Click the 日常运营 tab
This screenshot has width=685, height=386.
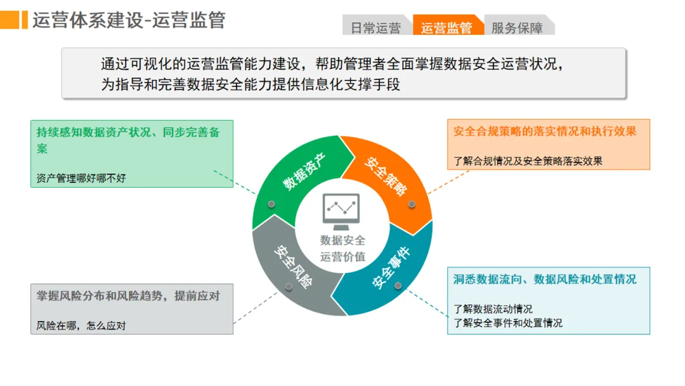coord(375,28)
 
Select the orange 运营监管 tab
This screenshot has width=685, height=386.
coord(447,28)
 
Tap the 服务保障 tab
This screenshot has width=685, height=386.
coord(517,28)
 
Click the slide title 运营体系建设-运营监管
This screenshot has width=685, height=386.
coord(129,20)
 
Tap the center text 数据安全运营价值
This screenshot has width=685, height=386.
coord(342,248)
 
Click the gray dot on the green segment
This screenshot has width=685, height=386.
coord(271,204)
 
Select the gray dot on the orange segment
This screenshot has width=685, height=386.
coord(412,204)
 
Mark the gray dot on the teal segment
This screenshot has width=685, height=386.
coord(398,285)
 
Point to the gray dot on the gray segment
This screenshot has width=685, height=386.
coord(289,286)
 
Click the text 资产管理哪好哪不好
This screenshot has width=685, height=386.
coord(81,178)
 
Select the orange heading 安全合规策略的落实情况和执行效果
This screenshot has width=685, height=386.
coord(545,131)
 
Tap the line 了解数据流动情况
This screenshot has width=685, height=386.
coord(493,309)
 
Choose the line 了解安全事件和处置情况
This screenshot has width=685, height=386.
coord(508,323)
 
